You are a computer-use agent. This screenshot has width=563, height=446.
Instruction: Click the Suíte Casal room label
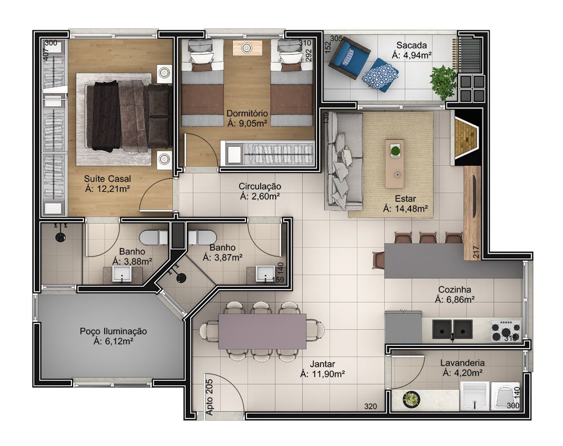tap(108, 179)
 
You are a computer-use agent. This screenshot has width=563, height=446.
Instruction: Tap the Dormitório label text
tap(247, 114)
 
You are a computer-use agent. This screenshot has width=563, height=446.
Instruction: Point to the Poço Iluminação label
tap(113, 331)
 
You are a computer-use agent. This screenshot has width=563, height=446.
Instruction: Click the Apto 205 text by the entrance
tap(209, 397)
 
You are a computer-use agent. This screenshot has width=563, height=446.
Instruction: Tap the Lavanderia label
tap(462, 363)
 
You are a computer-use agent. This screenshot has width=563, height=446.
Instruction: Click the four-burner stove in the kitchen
tap(506, 331)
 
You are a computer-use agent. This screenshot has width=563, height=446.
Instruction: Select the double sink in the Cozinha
tap(453, 329)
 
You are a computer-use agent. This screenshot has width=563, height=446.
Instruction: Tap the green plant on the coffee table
tap(395, 151)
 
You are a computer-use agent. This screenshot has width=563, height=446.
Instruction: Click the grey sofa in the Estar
tap(344, 161)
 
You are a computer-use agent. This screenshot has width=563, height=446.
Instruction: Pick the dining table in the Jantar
tap(262, 331)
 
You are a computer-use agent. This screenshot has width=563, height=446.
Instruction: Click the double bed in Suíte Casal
tap(128, 116)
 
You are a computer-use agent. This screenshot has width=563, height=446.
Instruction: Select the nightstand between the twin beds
tap(247, 48)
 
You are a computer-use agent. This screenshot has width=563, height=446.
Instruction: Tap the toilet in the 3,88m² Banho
tap(153, 237)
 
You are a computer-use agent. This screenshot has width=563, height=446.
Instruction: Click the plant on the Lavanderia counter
tap(412, 399)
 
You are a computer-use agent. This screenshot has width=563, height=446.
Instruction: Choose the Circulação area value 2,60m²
tap(260, 196)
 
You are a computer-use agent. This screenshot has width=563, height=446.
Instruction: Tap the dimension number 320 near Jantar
tap(370, 406)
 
